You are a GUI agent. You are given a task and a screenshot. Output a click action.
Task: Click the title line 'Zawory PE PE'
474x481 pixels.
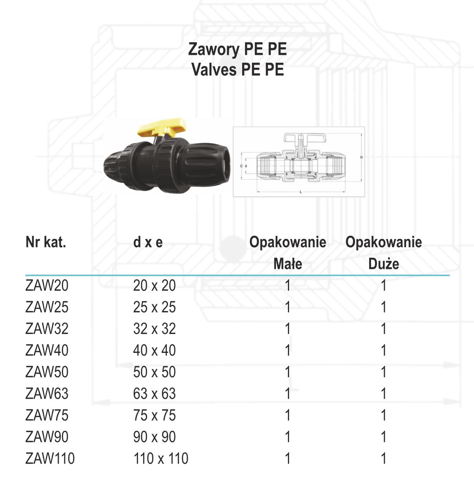pyautogui.click(x=237, y=49)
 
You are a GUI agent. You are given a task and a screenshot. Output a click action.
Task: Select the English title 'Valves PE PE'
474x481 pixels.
pyautogui.click(x=238, y=69)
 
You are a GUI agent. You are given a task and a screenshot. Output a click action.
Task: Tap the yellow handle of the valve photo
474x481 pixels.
pyautogui.click(x=162, y=127)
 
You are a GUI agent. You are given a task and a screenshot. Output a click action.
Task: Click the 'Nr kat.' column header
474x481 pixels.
pyautogui.click(x=46, y=242)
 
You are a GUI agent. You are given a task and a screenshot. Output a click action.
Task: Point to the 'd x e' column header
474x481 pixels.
pyautogui.click(x=148, y=242)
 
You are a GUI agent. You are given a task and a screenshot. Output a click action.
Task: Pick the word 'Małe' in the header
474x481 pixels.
pyautogui.click(x=288, y=264)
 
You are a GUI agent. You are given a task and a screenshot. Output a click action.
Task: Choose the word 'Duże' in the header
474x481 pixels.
pyautogui.click(x=384, y=264)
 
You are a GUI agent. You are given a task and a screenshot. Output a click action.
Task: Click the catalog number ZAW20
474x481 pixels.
pyautogui.click(x=47, y=285)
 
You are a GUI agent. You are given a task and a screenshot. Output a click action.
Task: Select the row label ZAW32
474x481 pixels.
pyautogui.click(x=47, y=328)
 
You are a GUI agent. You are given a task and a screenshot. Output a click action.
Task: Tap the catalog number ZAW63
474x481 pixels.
pyautogui.click(x=47, y=393)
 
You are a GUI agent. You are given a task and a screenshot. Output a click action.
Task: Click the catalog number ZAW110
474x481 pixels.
pyautogui.click(x=50, y=458)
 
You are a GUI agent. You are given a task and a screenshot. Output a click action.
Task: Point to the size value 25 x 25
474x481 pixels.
pyautogui.click(x=154, y=307)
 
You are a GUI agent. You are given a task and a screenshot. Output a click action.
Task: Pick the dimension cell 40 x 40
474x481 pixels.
pyautogui.click(x=154, y=350)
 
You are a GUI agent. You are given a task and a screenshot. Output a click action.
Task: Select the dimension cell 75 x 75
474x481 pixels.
pyautogui.click(x=154, y=415)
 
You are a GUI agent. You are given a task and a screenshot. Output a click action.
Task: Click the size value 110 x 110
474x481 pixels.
pyautogui.click(x=161, y=458)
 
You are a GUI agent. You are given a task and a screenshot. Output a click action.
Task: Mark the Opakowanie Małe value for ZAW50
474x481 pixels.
pyautogui.click(x=288, y=372)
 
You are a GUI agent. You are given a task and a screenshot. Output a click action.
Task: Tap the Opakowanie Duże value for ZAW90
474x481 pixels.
pyautogui.click(x=384, y=437)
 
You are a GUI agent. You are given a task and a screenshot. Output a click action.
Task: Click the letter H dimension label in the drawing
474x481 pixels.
pyautogui.click(x=361, y=157)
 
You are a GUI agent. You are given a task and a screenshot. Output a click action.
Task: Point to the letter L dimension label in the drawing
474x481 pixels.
pyautogui.click(x=301, y=192)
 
